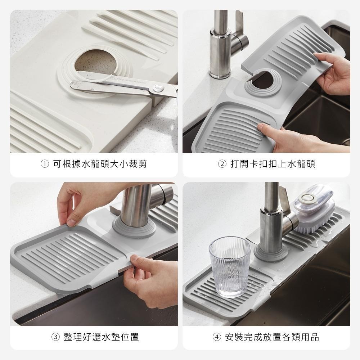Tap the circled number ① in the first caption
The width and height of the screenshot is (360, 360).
44,165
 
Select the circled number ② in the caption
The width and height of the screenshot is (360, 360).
222,165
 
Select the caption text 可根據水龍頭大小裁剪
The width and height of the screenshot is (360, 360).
100,165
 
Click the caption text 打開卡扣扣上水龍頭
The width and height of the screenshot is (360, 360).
273,165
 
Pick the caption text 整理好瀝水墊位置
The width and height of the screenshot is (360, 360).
101,337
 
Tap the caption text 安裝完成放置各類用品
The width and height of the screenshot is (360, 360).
272,337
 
